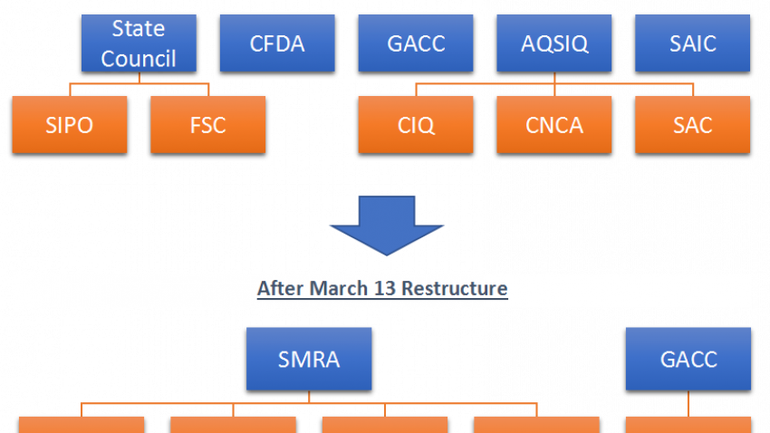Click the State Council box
[x=139, y=43]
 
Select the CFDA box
[x=277, y=43]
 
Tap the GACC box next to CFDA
[x=416, y=43]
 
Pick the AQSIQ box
[x=554, y=43]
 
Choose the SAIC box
[x=692, y=43]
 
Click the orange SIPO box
[x=70, y=125]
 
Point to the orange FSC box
[x=208, y=125]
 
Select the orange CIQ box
[x=416, y=125]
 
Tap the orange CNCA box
[x=554, y=125]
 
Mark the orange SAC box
[x=692, y=125]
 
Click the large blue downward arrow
[x=387, y=225]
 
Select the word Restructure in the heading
[x=454, y=288]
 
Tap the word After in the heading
[x=281, y=288]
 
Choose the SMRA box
[x=309, y=359]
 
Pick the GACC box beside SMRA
[x=688, y=359]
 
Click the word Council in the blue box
[x=139, y=59]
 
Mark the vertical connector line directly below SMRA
[x=309, y=397]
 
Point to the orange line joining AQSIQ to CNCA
[x=554, y=84]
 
